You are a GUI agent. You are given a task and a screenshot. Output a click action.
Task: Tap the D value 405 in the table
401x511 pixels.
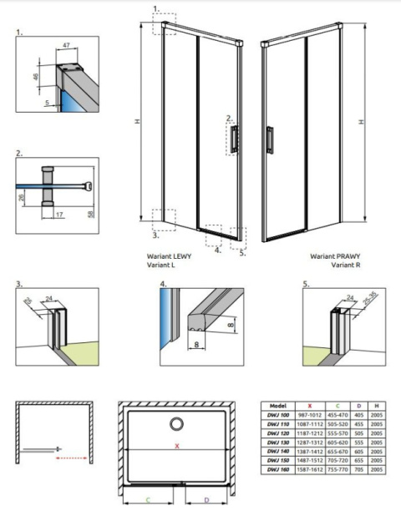click(359, 415)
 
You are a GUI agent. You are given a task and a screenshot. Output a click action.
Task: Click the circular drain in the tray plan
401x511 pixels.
click(176, 422)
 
